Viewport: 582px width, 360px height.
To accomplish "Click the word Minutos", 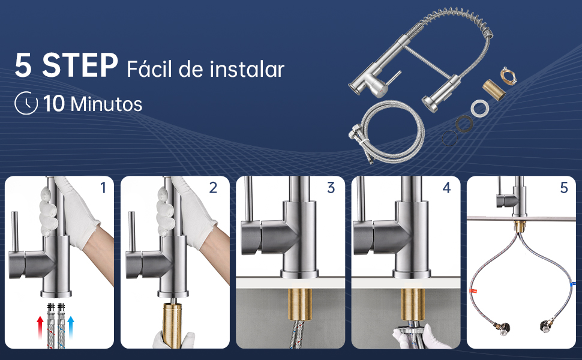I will [106, 104].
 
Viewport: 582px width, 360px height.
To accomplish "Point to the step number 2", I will [213, 188].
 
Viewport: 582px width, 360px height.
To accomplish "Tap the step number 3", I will [331, 188].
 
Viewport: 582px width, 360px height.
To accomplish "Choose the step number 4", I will [446, 188].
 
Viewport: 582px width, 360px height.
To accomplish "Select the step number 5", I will [563, 188].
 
